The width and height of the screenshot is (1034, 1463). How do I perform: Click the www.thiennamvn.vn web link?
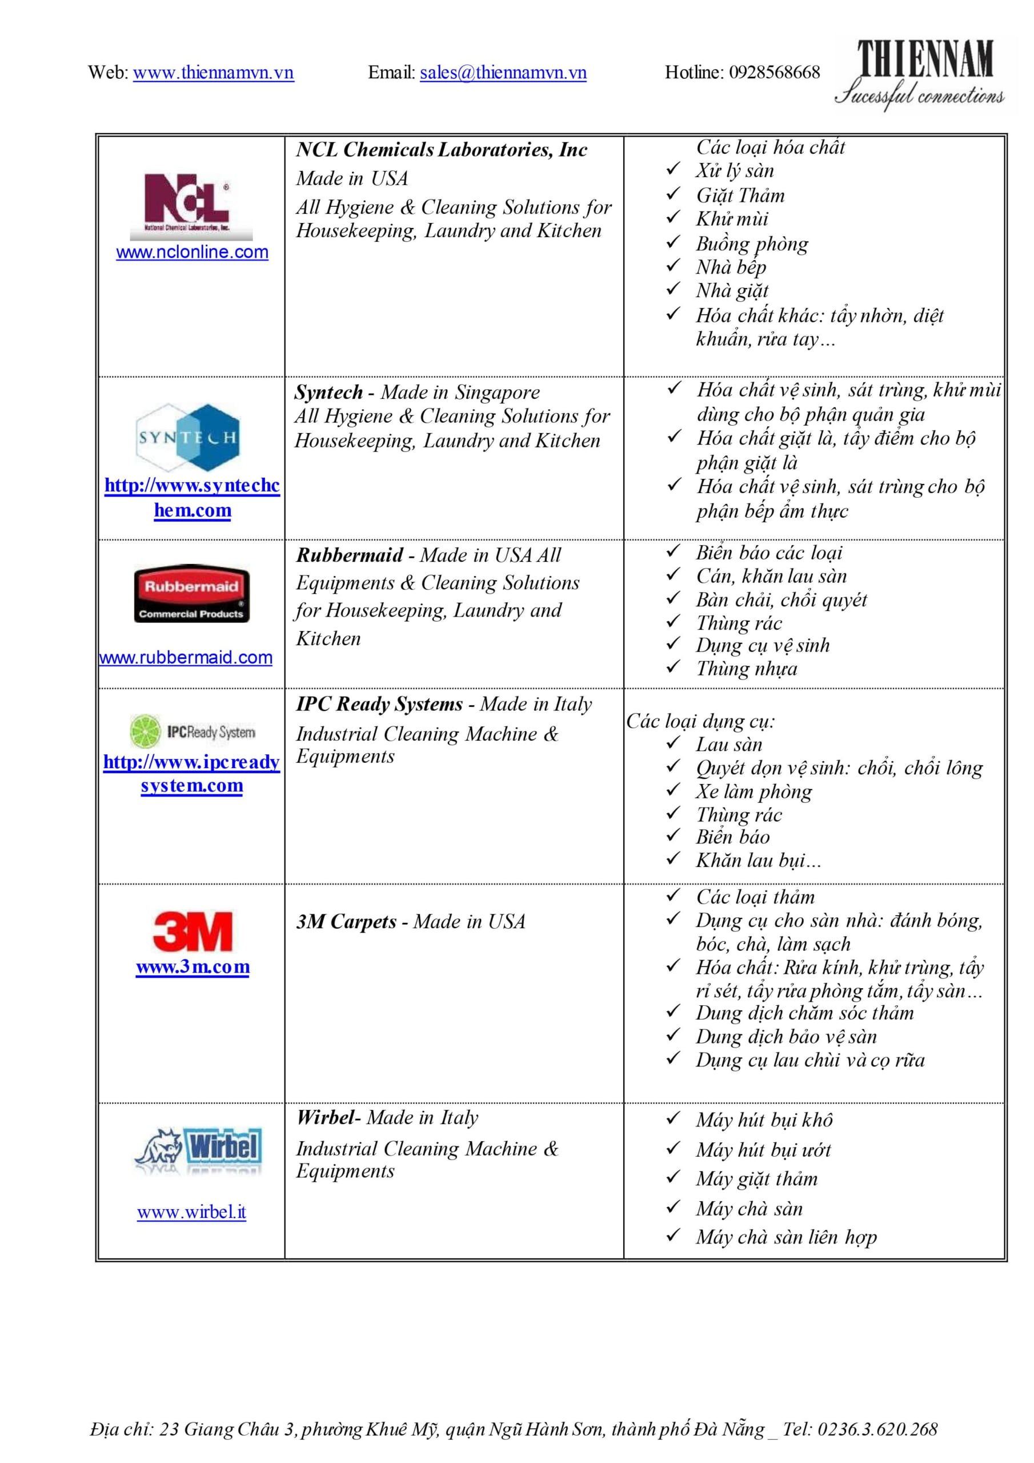click(x=214, y=73)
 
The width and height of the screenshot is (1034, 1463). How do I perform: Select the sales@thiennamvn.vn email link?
click(x=503, y=73)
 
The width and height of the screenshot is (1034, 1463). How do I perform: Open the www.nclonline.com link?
click(x=192, y=253)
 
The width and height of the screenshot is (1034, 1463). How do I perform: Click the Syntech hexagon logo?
click(x=189, y=437)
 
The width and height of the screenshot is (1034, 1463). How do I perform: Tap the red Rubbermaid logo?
click(x=191, y=593)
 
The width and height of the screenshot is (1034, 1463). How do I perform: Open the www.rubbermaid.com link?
click(x=186, y=658)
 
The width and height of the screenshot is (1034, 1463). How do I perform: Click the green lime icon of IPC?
click(x=146, y=731)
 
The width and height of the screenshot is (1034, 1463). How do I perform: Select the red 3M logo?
click(x=193, y=931)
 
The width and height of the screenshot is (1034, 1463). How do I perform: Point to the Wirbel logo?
click(x=198, y=1150)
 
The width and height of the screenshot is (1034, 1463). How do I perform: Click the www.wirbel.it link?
click(x=192, y=1212)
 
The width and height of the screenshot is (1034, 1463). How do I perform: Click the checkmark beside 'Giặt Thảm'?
click(x=674, y=194)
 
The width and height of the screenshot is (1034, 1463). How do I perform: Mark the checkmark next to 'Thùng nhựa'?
click(x=674, y=667)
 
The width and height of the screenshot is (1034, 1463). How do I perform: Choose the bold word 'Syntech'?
click(x=328, y=393)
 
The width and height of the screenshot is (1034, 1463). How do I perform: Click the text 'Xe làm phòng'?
click(x=754, y=792)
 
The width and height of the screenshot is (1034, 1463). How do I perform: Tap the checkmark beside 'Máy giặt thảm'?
click(x=674, y=1177)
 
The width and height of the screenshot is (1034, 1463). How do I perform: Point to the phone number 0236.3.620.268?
click(x=877, y=1429)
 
